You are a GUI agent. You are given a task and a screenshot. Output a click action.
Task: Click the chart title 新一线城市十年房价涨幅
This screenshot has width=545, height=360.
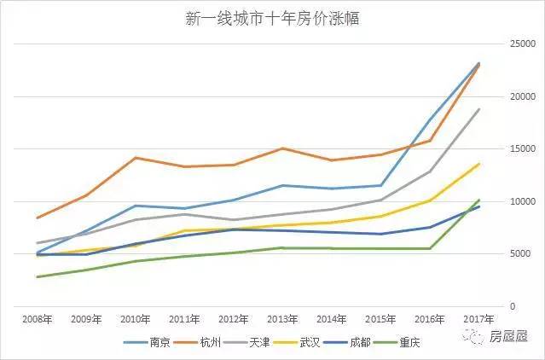click(272, 20)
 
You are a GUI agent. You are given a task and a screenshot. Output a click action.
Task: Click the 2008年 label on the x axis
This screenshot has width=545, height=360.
click(36, 319)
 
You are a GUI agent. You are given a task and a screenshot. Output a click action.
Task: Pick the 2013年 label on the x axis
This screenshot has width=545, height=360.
click(281, 319)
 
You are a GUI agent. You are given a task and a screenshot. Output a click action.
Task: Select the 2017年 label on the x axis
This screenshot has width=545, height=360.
click(478, 319)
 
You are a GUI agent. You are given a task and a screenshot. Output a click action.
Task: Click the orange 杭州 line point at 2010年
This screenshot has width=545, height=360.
click(135, 158)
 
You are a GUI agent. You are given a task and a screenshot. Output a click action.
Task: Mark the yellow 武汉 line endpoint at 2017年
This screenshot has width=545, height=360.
click(479, 164)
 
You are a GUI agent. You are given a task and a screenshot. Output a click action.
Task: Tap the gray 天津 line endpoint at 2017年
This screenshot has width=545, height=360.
click(479, 109)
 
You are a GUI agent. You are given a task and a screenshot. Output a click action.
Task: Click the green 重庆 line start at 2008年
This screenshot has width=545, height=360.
click(36, 276)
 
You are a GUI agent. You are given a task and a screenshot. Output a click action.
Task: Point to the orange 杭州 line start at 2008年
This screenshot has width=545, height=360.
click(36, 218)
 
